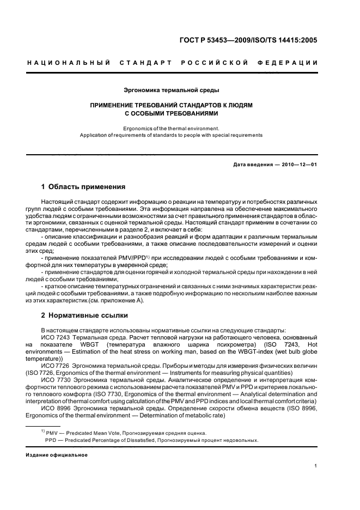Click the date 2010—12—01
[x=298, y=165]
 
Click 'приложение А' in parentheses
[x=123, y=300]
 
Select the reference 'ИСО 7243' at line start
[x=53, y=337]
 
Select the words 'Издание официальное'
[x=57, y=454]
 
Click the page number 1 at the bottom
[x=316, y=465]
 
